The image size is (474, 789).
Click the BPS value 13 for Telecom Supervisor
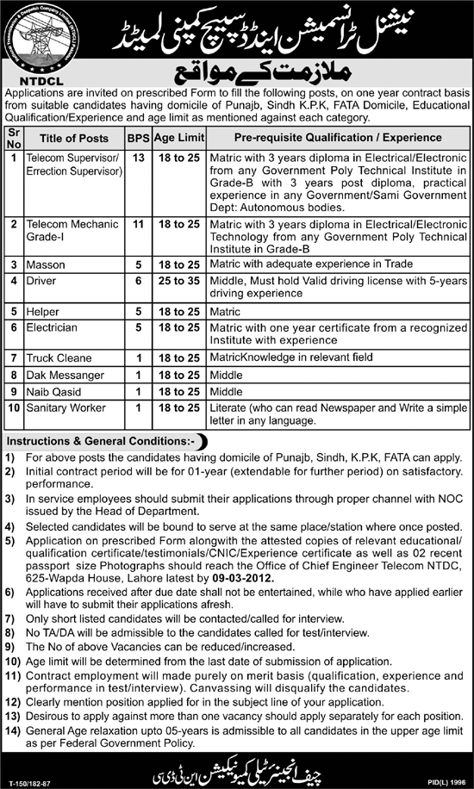click(136, 158)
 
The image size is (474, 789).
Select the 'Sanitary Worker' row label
click(64, 406)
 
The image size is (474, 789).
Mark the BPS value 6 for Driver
click(136, 281)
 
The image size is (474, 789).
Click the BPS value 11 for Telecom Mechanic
click(136, 224)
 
